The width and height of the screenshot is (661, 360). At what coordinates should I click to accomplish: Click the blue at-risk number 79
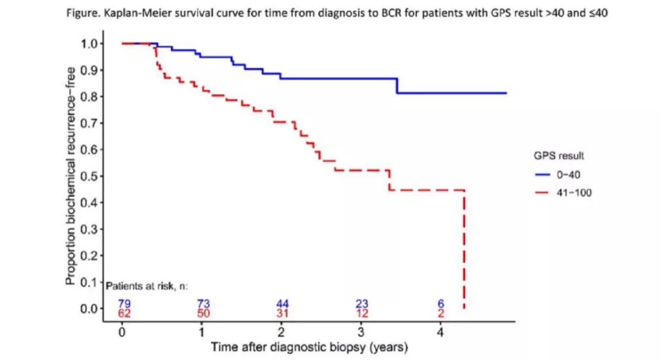click(x=125, y=304)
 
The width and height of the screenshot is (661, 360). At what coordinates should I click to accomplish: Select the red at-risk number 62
click(x=125, y=313)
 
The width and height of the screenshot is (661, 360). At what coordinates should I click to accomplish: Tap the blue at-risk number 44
click(x=282, y=304)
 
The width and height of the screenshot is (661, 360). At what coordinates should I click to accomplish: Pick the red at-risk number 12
click(x=362, y=313)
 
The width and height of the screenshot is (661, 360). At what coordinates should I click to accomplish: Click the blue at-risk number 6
click(x=441, y=304)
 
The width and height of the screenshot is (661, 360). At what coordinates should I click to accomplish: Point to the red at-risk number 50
click(x=204, y=313)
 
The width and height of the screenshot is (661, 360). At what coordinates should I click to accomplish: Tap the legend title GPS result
click(x=558, y=156)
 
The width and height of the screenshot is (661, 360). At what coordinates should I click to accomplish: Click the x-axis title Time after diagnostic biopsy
click(x=309, y=347)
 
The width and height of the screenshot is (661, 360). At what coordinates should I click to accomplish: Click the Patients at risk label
click(x=146, y=287)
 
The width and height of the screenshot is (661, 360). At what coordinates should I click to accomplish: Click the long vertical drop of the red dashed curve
click(x=465, y=251)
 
